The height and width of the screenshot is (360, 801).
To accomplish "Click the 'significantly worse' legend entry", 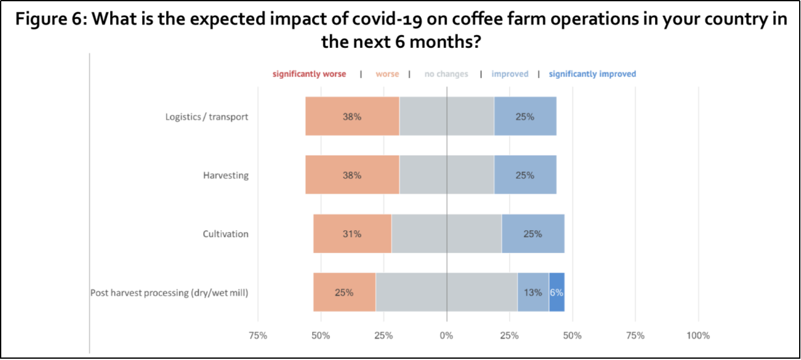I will click(309, 74).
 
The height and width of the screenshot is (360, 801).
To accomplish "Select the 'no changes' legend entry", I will click(446, 74).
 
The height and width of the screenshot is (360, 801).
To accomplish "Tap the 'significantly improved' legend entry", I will click(592, 74).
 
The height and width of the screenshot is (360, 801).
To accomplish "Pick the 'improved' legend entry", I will click(510, 74).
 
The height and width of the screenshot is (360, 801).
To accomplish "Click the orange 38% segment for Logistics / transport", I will click(352, 116).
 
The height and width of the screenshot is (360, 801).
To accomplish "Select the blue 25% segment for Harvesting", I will click(525, 175).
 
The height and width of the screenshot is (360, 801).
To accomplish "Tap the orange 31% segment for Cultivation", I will click(352, 233).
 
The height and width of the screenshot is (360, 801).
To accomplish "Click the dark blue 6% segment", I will click(556, 292).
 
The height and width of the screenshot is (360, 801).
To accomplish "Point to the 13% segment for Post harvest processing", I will click(533, 292).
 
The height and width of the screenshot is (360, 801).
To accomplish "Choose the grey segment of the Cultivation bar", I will click(446, 233).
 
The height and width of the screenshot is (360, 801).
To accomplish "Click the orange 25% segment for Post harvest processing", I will click(344, 292).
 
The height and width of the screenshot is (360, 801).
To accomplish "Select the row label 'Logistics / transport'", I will click(206, 116).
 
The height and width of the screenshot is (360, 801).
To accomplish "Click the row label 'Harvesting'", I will click(225, 175).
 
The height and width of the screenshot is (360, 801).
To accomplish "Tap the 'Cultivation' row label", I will click(225, 233).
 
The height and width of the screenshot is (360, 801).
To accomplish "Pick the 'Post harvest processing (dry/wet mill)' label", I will click(169, 292).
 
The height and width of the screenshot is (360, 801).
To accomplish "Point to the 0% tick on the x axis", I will click(446, 335).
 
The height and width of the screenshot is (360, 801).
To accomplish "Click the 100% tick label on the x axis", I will click(698, 335).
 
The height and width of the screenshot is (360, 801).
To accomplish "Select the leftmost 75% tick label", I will click(258, 335).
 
